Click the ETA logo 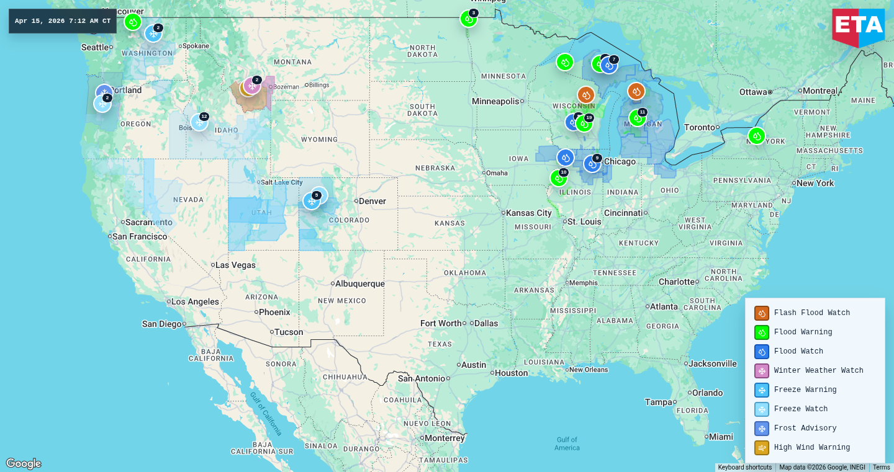[x=858, y=27]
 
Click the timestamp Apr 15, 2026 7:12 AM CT [x=63, y=21]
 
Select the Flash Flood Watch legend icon [x=762, y=313]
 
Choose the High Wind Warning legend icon [x=762, y=448]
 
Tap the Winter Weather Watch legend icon [x=762, y=371]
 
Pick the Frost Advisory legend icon [x=762, y=429]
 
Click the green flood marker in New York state [x=756, y=136]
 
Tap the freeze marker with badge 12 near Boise [x=199, y=122]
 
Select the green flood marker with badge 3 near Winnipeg [x=469, y=19]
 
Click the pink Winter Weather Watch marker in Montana [x=252, y=86]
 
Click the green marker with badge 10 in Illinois [x=558, y=178]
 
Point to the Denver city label [x=372, y=201]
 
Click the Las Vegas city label [x=235, y=265]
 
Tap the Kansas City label [x=528, y=213]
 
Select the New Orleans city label [x=588, y=370]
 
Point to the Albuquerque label [x=360, y=283]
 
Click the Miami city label [x=721, y=437]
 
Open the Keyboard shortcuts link [x=744, y=468]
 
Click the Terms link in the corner [x=881, y=468]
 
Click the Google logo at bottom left [x=24, y=463]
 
